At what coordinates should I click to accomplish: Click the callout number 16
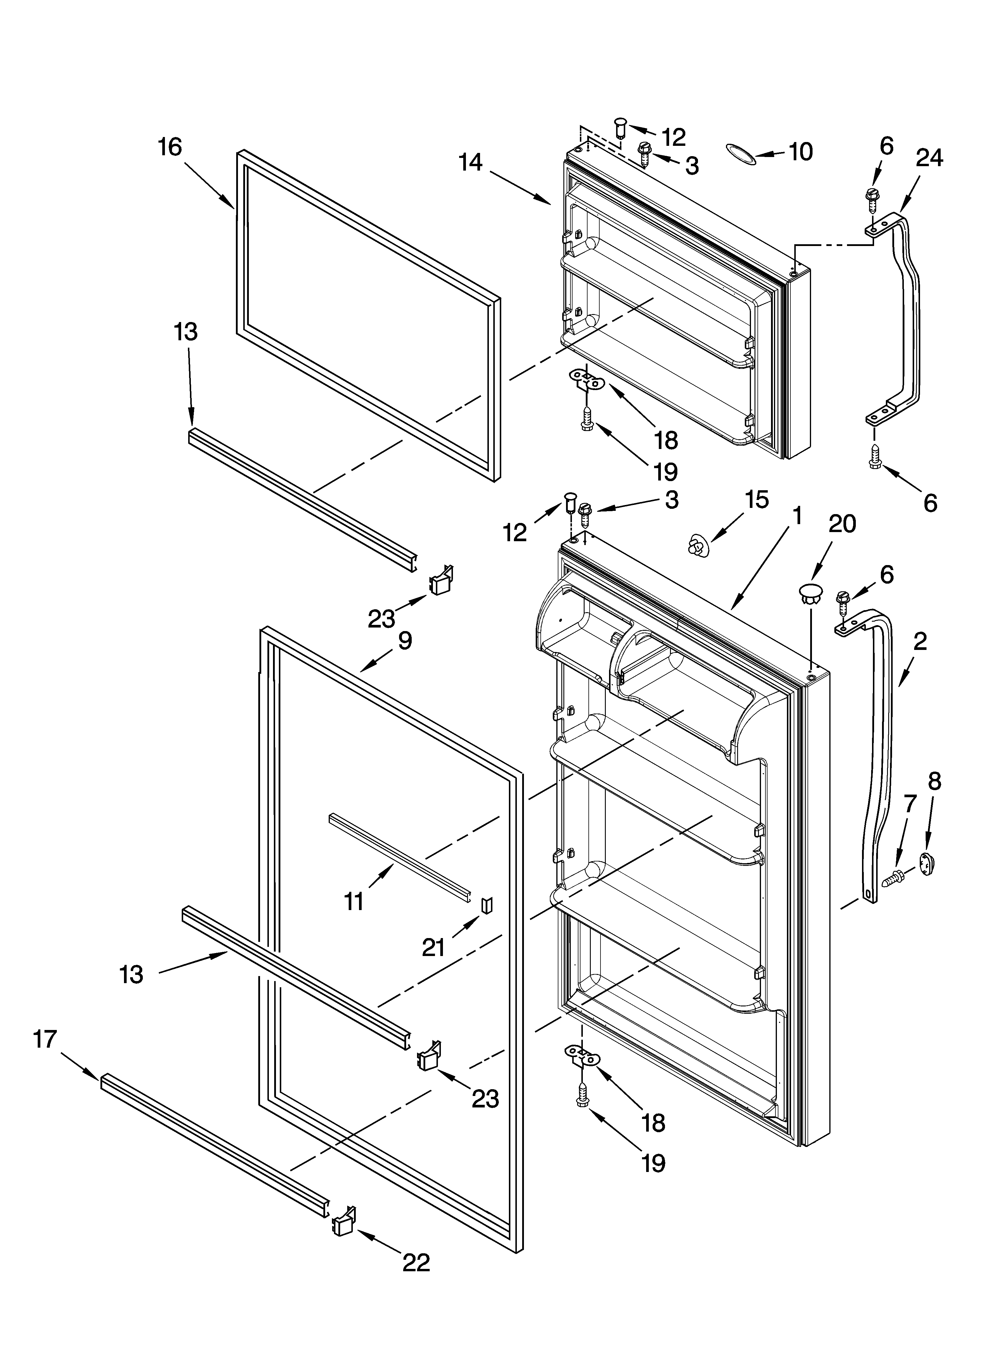170,147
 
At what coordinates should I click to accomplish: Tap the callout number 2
919,641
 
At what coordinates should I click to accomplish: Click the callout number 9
405,641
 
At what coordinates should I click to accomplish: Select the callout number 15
756,499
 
